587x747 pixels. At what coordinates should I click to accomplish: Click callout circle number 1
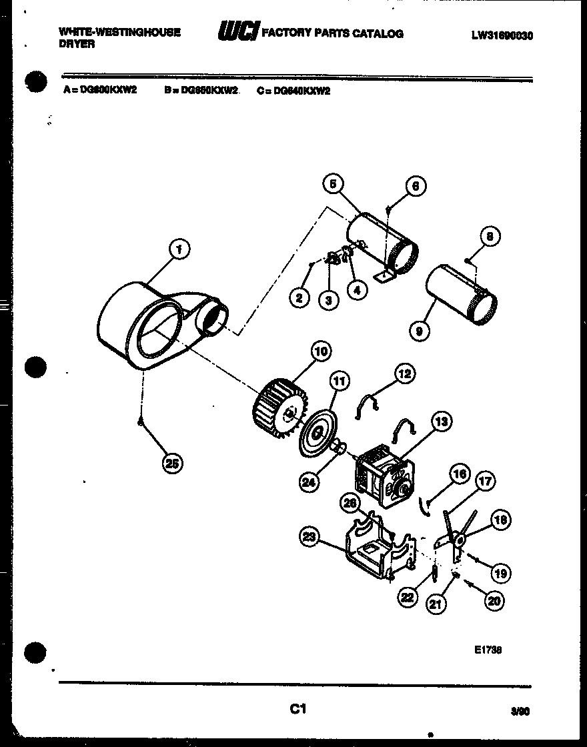[x=178, y=249]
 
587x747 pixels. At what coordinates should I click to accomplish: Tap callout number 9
[x=420, y=329]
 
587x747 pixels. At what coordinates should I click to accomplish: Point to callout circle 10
[x=322, y=351]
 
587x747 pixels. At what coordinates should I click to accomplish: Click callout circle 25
[x=172, y=464]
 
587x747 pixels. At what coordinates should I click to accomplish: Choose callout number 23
[x=308, y=536]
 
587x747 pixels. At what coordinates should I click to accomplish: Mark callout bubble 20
[x=494, y=601]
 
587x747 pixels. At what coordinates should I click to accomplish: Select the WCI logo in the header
[x=237, y=32]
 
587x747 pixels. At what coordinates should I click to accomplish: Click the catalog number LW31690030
[x=502, y=36]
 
